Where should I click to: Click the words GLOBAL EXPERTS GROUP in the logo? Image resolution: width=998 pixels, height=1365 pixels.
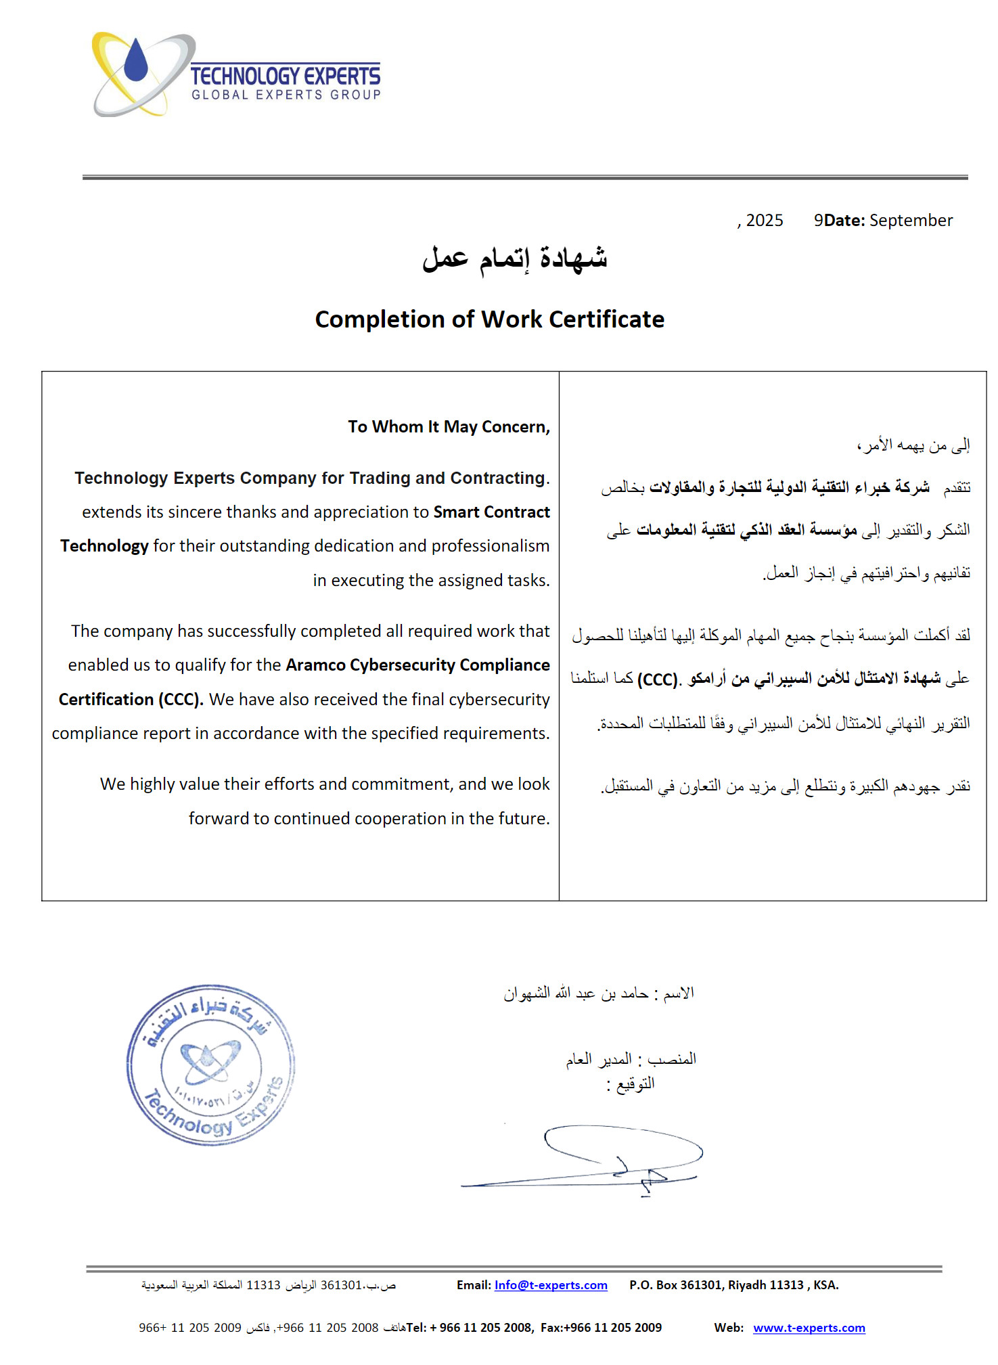coord(286,95)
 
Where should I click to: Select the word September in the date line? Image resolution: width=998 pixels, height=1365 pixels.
coord(911,221)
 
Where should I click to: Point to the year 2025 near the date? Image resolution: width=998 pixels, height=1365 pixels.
coord(764,221)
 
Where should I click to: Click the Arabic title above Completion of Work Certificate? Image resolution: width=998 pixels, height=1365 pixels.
coord(514,259)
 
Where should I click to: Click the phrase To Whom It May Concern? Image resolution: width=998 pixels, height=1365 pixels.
coord(449,427)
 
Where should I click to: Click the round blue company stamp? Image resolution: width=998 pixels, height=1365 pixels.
coord(210,1065)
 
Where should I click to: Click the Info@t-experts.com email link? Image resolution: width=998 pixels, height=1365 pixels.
coord(551,1285)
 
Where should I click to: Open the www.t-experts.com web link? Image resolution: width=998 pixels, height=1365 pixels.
coord(809,1328)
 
